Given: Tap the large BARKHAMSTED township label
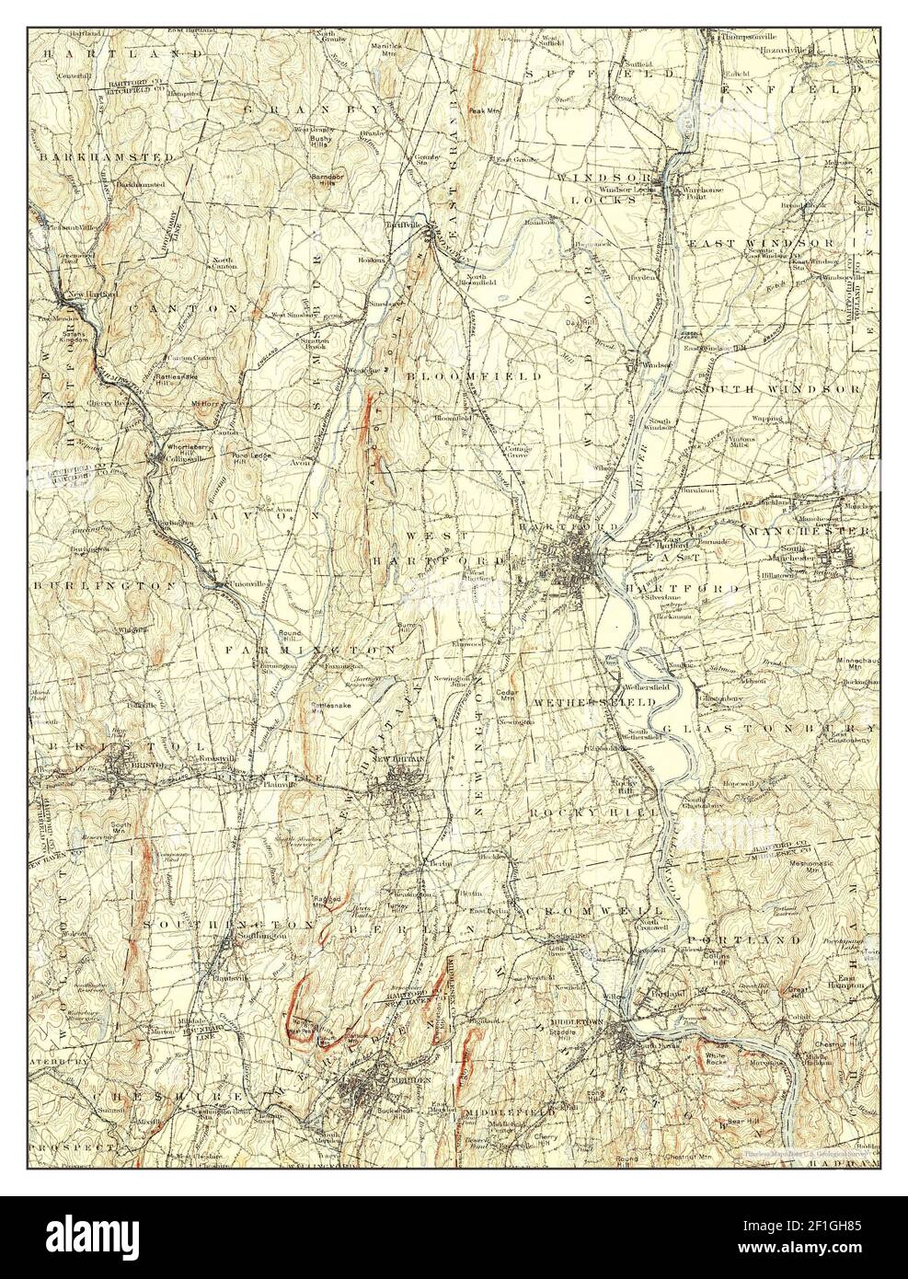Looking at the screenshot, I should [x=107, y=157].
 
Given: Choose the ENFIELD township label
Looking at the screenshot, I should [x=792, y=90].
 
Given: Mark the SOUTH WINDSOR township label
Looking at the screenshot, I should [x=782, y=389].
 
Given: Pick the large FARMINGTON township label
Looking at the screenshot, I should [x=311, y=650].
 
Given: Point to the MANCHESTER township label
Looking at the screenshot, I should [x=808, y=532].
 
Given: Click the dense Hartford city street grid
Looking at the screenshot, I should [x=578, y=559].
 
